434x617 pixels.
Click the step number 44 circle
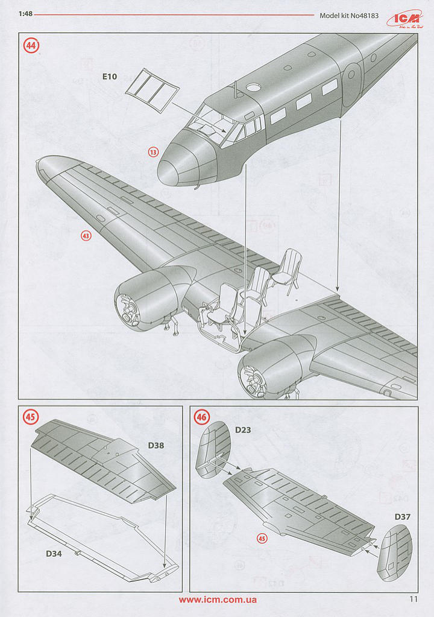coord(30,45)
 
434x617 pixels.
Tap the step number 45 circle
coord(30,417)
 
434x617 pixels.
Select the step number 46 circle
coord(201,417)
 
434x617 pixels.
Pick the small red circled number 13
coord(153,152)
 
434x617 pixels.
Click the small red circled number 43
coord(86,236)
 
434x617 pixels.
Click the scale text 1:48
coord(25,16)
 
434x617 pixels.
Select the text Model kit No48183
coord(349,16)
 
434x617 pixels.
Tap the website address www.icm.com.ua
coord(218,600)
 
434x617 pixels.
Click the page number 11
coord(413,600)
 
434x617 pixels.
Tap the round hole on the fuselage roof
coord(253,87)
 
